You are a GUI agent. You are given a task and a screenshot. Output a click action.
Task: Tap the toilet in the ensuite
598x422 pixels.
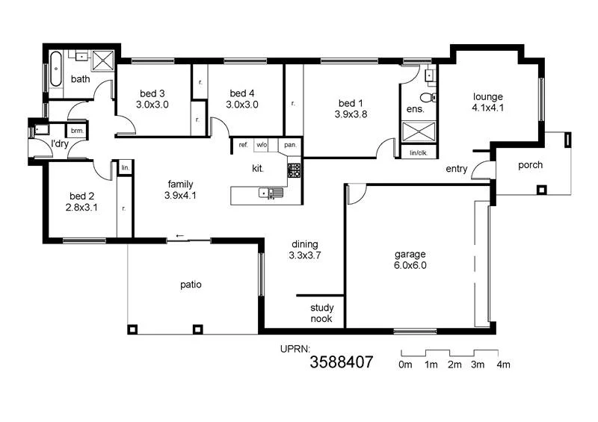coord(427,97)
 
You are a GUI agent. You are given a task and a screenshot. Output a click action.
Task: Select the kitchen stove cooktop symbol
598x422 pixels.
coord(294,170)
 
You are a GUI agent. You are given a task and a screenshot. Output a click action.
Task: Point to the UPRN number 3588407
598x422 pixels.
coord(341,364)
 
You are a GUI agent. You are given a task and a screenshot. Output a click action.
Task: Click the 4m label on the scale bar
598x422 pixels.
coord(502,364)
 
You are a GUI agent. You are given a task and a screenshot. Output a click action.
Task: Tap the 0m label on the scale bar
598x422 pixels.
coord(406,364)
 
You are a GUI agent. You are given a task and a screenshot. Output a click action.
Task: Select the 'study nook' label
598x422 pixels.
coord(321,313)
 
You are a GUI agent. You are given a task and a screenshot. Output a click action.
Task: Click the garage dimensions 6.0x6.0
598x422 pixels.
coord(410,264)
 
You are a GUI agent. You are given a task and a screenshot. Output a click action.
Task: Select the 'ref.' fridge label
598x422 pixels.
coord(243,145)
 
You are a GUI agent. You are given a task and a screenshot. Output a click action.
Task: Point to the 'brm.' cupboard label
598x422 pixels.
coord(77,131)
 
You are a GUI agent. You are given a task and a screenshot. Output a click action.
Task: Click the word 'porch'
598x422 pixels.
coord(530,165)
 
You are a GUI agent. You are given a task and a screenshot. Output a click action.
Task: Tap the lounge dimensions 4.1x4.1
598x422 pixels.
coord(487,108)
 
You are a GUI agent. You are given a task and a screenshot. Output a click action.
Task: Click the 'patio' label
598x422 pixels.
coord(191,285)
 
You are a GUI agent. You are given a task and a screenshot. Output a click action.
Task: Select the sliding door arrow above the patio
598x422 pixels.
coord(179,237)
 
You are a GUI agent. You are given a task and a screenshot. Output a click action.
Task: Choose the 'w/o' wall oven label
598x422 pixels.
coord(262,145)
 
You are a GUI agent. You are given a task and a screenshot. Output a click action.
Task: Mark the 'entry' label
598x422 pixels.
coord(456,170)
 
